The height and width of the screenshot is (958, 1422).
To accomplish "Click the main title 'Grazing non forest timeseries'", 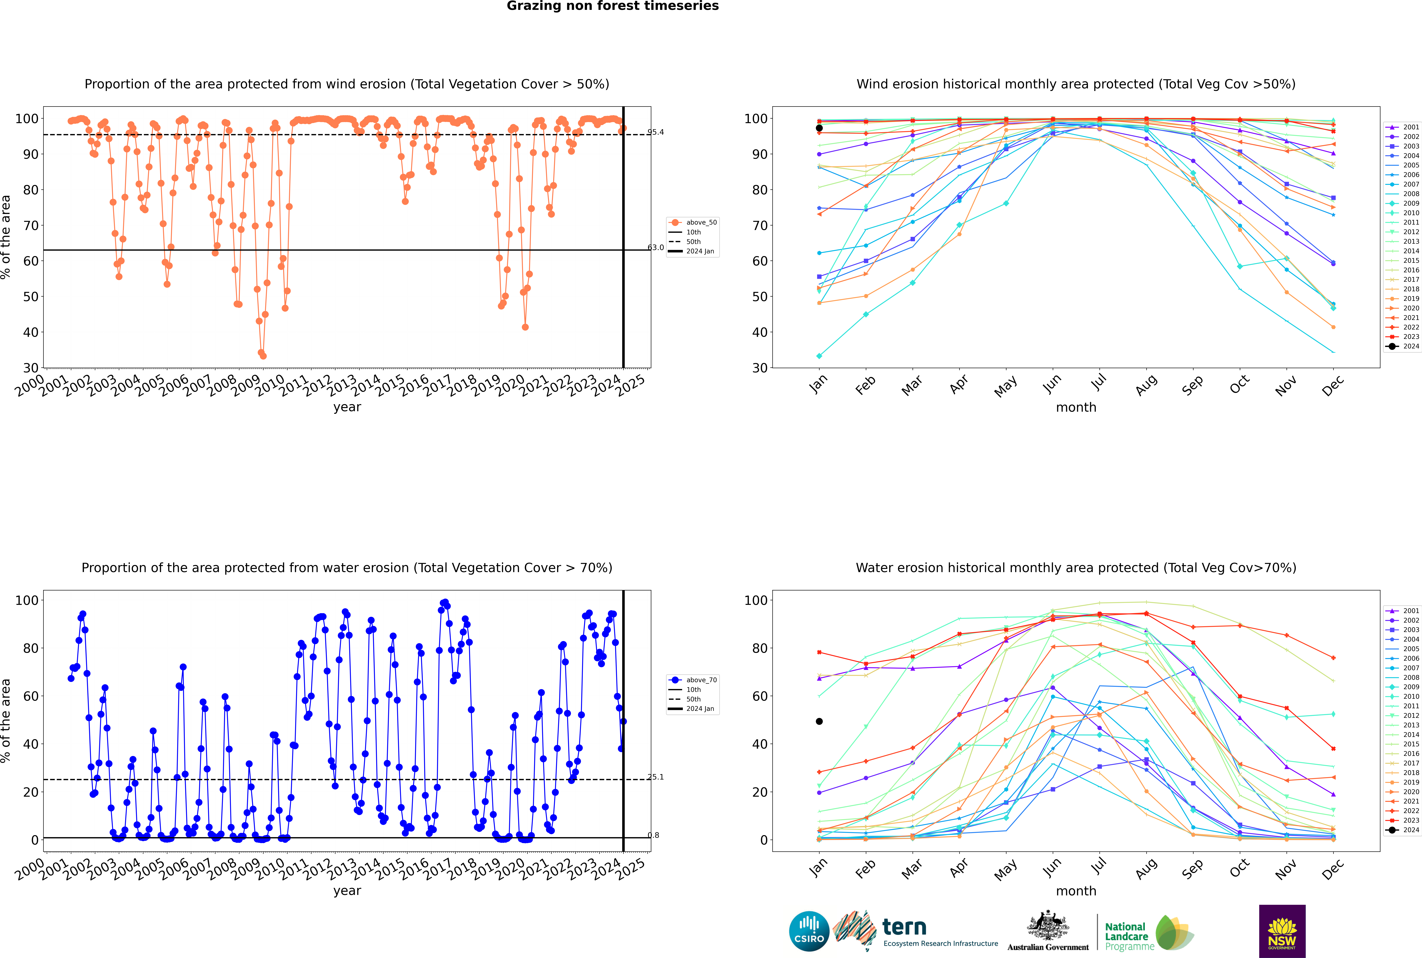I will (613, 6).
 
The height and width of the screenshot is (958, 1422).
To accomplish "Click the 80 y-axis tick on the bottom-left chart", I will (30, 648).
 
